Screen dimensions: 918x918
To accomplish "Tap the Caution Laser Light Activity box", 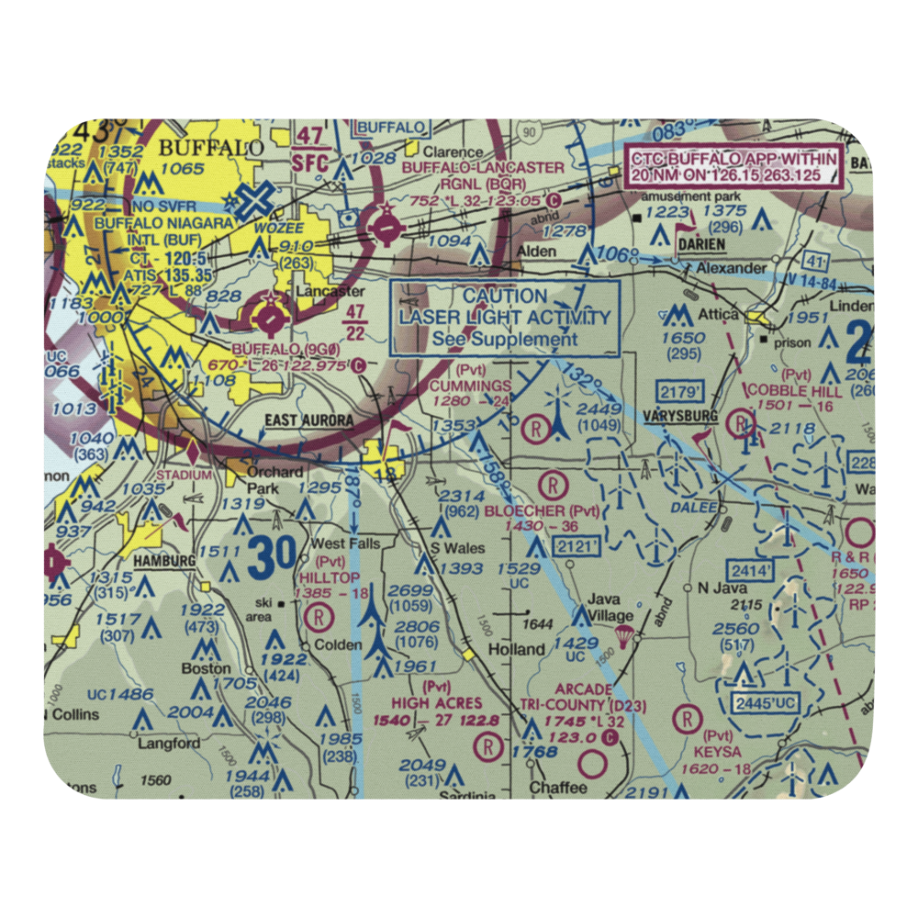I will [x=505, y=318].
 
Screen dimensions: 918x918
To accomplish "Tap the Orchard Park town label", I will [x=275, y=480].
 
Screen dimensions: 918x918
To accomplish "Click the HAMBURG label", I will [x=163, y=560].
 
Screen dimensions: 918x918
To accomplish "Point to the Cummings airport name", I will [x=470, y=386].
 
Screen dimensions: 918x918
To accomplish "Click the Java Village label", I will [x=610, y=607].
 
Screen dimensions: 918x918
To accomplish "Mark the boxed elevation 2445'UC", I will [x=766, y=703].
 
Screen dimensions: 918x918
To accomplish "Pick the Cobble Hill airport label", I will [x=807, y=391].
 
